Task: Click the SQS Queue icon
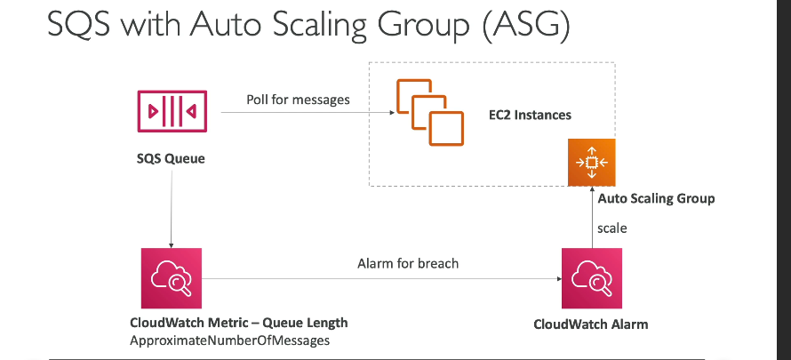tap(172, 111)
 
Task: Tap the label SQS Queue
tap(171, 159)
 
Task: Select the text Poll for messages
tap(298, 100)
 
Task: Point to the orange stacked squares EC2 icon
tap(430, 112)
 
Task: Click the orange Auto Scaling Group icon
tap(592, 163)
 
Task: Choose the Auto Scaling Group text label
tap(656, 198)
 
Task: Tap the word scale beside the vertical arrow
tap(612, 228)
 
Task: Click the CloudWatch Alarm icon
tap(592, 278)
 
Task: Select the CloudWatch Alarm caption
tap(591, 324)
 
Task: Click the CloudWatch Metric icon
tap(172, 278)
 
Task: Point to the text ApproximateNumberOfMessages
tap(230, 340)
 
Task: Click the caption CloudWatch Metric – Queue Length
tap(238, 323)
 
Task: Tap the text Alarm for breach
tap(408, 263)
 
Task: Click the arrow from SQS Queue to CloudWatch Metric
tap(172, 209)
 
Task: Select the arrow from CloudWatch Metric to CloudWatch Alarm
tap(382, 278)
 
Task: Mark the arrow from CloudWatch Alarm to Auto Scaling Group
tap(592, 217)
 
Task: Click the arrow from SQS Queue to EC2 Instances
tap(308, 112)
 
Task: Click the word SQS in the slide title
tap(78, 24)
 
